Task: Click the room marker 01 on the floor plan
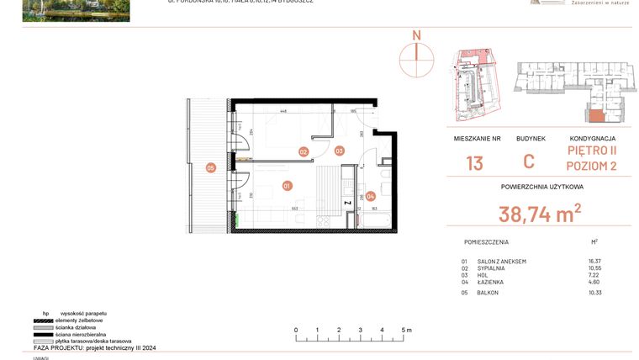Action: (287, 186)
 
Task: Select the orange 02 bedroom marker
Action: (304, 152)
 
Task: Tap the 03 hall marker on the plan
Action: (339, 151)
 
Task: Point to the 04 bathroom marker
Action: (371, 196)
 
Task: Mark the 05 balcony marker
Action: (211, 168)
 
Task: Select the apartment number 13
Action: (474, 162)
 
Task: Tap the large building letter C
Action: (529, 162)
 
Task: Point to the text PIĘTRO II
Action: (592, 151)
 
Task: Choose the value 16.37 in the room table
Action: (597, 262)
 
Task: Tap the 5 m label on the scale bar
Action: (405, 331)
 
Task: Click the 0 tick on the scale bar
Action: (296, 331)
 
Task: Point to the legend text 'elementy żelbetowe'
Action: (79, 320)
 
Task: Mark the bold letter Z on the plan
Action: (346, 204)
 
